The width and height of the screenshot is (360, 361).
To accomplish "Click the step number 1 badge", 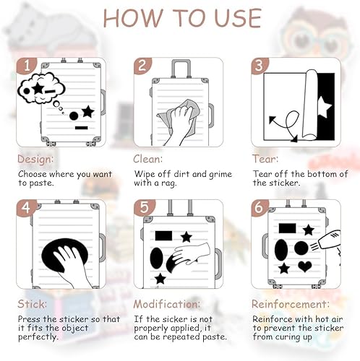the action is [26, 65].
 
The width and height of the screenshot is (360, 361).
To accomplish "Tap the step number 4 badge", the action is [26, 207].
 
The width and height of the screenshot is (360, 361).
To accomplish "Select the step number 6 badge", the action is [260, 207].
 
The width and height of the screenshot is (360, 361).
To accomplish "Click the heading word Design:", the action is [35, 160].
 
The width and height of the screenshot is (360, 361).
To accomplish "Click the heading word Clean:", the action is [148, 159].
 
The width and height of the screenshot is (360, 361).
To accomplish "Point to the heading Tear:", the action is [265, 159].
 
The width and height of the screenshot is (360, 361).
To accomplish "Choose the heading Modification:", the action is [167, 304].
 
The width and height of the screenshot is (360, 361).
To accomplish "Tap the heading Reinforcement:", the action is [291, 304].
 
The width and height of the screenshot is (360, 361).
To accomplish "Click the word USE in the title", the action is [238, 18].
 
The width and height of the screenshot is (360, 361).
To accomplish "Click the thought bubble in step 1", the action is [41, 88].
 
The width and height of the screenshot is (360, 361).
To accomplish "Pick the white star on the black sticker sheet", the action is [324, 107].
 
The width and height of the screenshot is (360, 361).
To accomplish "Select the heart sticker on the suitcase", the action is [304, 266].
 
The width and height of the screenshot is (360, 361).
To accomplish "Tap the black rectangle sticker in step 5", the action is [163, 236].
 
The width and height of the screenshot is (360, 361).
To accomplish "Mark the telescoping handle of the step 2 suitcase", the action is [181, 69].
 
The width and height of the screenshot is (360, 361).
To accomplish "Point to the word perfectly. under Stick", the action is [38, 337].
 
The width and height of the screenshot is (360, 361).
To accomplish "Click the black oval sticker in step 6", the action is [280, 250].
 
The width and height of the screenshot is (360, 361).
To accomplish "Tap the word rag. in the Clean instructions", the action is [169, 183].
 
